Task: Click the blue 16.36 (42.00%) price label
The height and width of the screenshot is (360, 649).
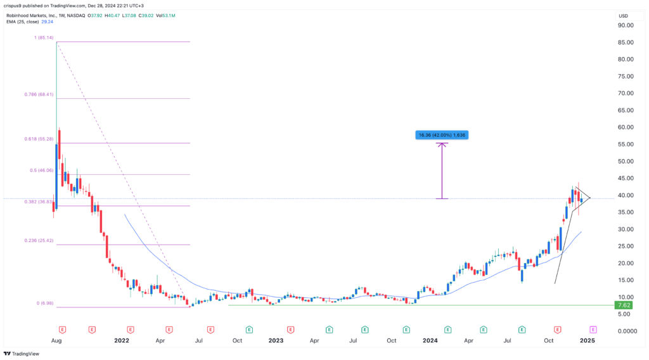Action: point(442,134)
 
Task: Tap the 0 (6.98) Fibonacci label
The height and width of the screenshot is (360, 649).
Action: point(44,304)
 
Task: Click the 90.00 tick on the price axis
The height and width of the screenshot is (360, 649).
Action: point(626,25)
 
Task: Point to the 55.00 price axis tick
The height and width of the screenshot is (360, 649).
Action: point(626,145)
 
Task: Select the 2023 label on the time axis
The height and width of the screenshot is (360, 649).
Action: point(276,340)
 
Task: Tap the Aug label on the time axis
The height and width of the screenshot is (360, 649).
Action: point(56,340)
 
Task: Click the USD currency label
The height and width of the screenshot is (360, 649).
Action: point(622,16)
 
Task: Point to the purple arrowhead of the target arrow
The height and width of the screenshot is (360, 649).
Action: point(442,145)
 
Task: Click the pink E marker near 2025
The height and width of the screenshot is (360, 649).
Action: point(593,330)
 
